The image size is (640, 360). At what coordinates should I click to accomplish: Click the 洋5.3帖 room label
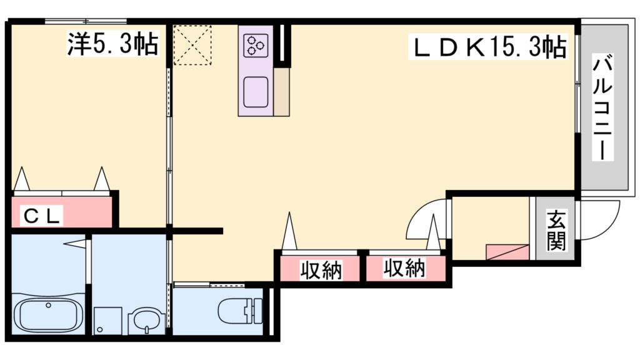(112, 44)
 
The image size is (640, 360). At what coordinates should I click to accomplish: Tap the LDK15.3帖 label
(487, 47)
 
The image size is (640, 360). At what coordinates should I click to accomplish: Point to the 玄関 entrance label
(554, 231)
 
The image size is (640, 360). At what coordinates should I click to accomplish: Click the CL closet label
(42, 216)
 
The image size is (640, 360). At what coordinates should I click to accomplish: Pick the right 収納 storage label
(404, 269)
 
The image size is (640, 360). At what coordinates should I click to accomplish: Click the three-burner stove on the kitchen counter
(256, 45)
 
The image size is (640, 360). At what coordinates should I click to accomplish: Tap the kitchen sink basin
(256, 91)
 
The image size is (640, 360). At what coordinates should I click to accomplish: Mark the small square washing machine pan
(107, 321)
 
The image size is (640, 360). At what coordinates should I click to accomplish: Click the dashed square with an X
(192, 45)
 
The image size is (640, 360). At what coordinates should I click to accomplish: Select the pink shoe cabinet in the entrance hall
(507, 252)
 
